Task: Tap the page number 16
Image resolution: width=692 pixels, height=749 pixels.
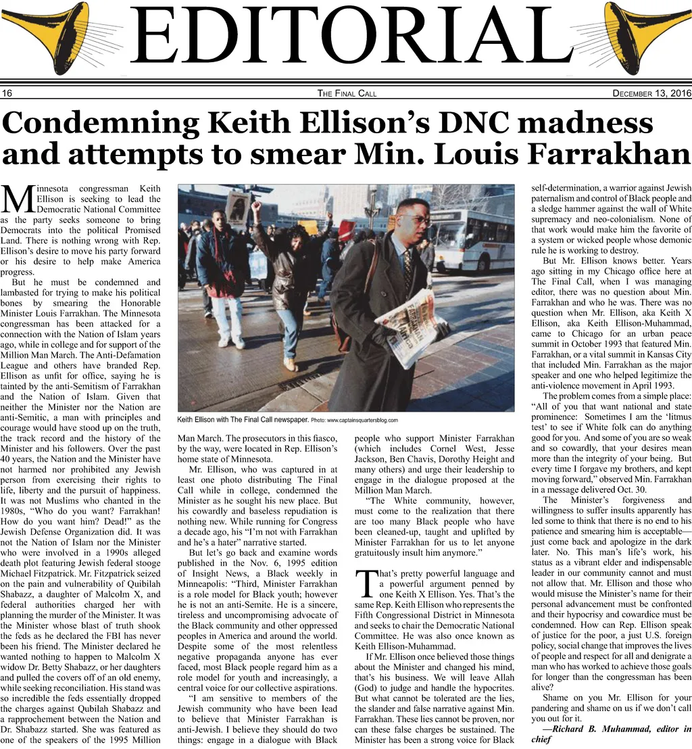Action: [x=7, y=93]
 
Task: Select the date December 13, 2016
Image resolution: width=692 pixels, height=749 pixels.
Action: [x=651, y=93]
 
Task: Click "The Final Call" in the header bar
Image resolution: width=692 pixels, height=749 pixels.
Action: [x=347, y=93]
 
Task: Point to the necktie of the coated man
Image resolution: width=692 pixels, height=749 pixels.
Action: [x=407, y=270]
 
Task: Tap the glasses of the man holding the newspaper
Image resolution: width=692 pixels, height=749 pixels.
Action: [x=415, y=219]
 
